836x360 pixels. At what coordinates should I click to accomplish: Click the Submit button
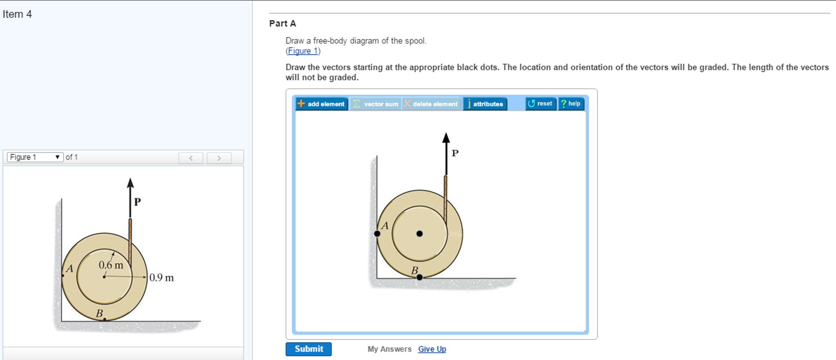pyautogui.click(x=308, y=349)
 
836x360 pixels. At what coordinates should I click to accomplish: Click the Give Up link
pyautogui.click(x=432, y=349)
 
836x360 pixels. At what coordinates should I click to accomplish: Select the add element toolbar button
pyautogui.click(x=322, y=104)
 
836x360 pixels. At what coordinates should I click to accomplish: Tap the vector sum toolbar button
pyautogui.click(x=376, y=104)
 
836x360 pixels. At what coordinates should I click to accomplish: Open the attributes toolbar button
pyautogui.click(x=485, y=104)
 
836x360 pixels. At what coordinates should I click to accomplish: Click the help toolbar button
pyautogui.click(x=571, y=104)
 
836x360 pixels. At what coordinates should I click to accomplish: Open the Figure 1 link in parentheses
pyautogui.click(x=303, y=51)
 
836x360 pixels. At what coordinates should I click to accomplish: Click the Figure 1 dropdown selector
pyautogui.click(x=35, y=157)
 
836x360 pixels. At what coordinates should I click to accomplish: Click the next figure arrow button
pyautogui.click(x=219, y=158)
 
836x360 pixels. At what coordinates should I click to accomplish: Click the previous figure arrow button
pyautogui.click(x=191, y=158)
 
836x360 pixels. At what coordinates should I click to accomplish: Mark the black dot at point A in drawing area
pyautogui.click(x=377, y=234)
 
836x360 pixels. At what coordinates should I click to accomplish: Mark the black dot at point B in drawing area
pyautogui.click(x=419, y=277)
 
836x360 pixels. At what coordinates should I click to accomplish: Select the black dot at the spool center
pyautogui.click(x=419, y=234)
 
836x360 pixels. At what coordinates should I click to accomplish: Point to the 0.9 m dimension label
pyautogui.click(x=161, y=278)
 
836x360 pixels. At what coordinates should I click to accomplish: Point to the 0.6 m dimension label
pyautogui.click(x=111, y=265)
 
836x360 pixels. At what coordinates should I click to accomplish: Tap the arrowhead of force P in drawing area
pyautogui.click(x=446, y=138)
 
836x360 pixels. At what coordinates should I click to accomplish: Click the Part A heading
pyautogui.click(x=282, y=24)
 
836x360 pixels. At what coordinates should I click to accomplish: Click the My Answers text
pyautogui.click(x=389, y=349)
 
